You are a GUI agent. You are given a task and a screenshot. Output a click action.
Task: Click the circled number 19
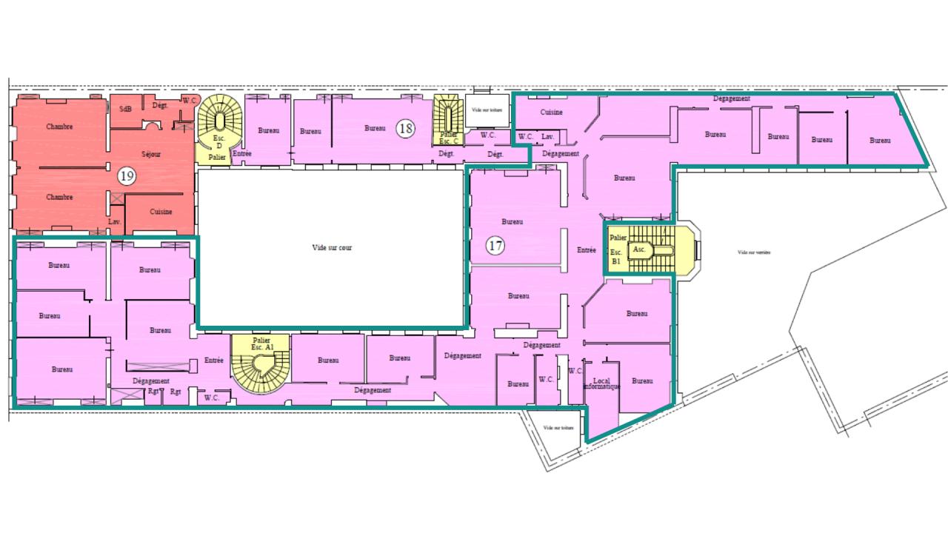[126, 176]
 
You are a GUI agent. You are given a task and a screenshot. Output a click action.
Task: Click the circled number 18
[405, 128]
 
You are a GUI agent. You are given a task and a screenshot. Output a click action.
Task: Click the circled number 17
[495, 247]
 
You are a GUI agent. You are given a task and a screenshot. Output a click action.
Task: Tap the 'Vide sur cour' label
[331, 248]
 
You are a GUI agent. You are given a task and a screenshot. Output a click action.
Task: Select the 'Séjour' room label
[151, 155]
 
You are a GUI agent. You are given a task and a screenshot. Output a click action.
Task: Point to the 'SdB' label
[125, 109]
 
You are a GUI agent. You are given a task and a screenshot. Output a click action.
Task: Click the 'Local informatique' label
[601, 383]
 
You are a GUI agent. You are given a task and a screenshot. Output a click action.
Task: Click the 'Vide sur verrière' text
[754, 252]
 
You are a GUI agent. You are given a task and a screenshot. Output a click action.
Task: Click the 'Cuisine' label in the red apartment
[161, 212]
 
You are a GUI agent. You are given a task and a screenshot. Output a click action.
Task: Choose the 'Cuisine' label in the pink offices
[551, 113]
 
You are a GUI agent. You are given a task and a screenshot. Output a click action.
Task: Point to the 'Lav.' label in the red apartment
[114, 222]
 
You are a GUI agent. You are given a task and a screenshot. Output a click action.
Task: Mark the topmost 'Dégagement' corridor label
[732, 98]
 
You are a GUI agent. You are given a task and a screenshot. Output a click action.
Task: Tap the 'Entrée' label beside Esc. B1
[587, 250]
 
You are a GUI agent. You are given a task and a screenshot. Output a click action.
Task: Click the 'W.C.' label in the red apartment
[190, 101]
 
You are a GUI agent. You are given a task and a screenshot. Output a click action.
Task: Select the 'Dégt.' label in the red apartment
[160, 106]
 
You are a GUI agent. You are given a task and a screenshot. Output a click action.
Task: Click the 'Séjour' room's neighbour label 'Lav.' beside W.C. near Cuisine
[547, 137]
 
